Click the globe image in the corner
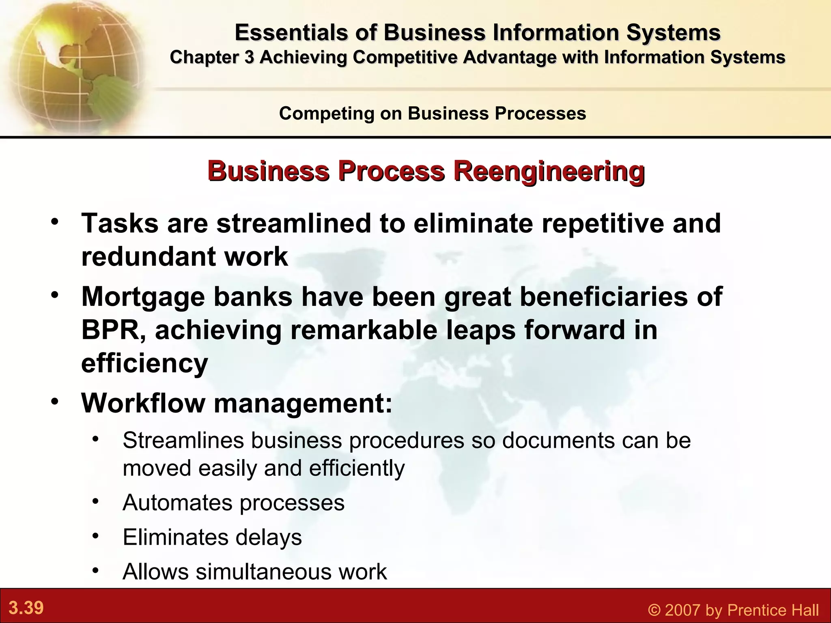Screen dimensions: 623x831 click(73, 65)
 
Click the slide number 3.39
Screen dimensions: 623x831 click(26, 608)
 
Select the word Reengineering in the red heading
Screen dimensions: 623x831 click(549, 171)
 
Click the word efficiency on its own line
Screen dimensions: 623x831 click(144, 363)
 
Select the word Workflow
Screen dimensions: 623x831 click(143, 403)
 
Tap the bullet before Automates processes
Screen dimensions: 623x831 click(96, 502)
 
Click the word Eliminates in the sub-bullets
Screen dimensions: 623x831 click(175, 537)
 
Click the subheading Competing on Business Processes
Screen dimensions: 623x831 click(432, 114)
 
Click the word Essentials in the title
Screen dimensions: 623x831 click(291, 32)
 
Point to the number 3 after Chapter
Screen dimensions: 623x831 click(249, 57)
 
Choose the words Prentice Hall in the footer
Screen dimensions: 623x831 click(773, 610)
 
